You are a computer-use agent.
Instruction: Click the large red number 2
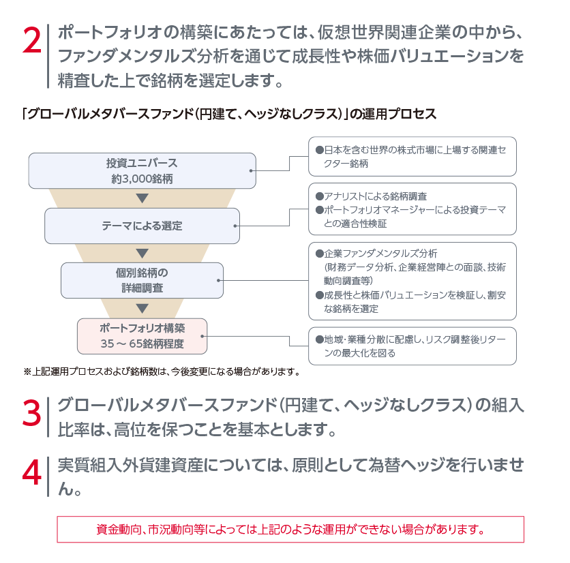(32, 41)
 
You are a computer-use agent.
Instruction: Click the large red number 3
(32, 413)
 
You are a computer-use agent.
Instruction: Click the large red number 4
(32, 472)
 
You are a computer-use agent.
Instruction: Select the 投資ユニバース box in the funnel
(142, 171)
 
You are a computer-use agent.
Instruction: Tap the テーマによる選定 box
(142, 226)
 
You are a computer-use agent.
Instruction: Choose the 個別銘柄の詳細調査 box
(142, 281)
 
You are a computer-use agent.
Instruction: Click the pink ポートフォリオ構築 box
(142, 336)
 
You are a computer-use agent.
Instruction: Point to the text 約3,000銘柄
(142, 179)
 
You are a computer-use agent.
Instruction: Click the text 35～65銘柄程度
(142, 344)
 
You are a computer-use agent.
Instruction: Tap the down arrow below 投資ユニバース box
(142, 198)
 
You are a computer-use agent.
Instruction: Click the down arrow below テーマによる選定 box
(142, 253)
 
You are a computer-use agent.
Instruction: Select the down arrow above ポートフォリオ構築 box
(142, 308)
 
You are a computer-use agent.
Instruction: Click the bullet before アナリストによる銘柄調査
(320, 196)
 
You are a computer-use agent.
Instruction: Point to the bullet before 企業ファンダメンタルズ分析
(320, 254)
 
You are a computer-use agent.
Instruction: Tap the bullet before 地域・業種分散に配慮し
(320, 339)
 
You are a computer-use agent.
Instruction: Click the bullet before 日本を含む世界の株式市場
(320, 150)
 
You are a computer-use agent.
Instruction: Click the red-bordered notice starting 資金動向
(290, 529)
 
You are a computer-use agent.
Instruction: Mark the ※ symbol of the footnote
(28, 371)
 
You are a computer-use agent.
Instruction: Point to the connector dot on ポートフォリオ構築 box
(202, 336)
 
